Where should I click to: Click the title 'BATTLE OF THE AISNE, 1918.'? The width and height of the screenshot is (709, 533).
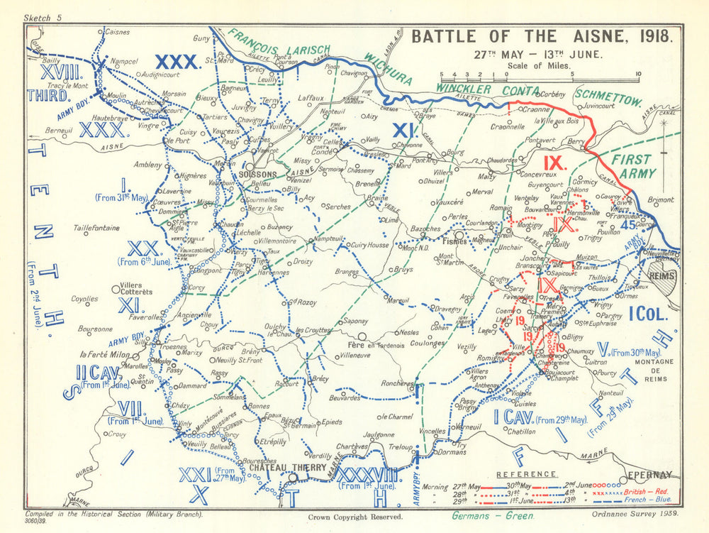point(538,36)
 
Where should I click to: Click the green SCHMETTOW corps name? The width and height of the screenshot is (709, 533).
point(609,98)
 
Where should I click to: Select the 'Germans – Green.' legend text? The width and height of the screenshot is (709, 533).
point(493,517)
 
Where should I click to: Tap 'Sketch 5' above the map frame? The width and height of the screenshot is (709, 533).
point(43,17)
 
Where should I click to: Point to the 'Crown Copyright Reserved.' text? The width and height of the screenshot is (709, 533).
point(356,517)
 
